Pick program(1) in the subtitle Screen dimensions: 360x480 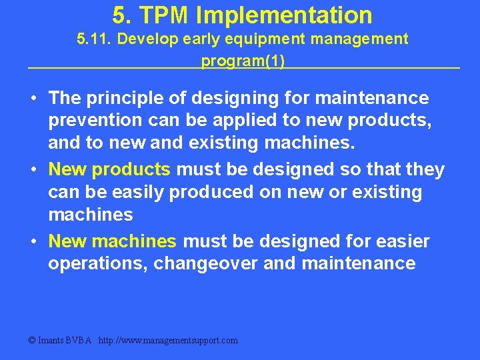point(243,61)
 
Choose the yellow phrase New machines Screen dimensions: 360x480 point(113,241)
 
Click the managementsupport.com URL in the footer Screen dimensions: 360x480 point(168,341)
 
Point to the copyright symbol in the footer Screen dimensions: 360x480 point(31,341)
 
